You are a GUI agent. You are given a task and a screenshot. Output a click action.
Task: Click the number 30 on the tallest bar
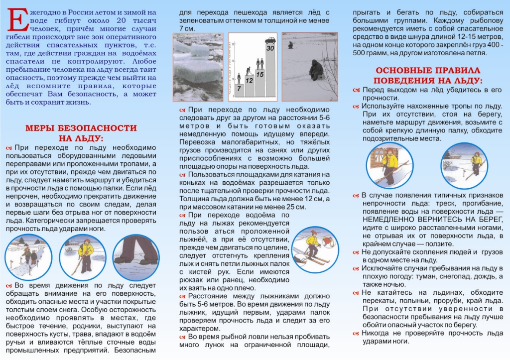270,48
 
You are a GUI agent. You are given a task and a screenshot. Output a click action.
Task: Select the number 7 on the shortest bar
239,88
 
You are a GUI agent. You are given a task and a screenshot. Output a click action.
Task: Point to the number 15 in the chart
259,74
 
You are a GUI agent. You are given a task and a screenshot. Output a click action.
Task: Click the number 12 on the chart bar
249,80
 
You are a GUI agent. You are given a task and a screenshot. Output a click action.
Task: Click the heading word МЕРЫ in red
46,128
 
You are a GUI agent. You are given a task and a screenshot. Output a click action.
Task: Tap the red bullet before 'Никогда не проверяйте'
356,333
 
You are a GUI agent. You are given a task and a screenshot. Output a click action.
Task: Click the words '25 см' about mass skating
297,207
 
